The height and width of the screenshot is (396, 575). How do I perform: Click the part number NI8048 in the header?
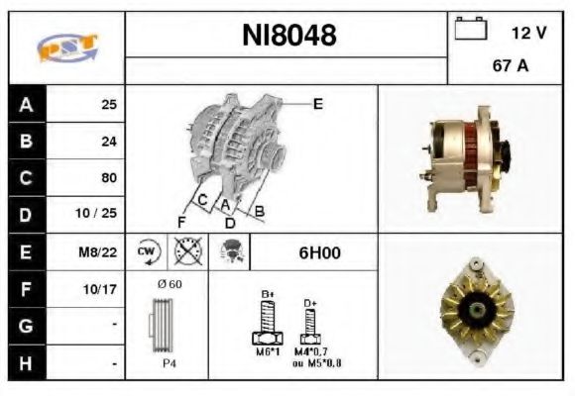pos(289,36)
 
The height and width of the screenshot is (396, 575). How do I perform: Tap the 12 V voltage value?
pos(528,32)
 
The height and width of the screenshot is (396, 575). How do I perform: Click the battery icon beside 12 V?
pos(468,31)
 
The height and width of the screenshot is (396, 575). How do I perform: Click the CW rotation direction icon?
pos(145,252)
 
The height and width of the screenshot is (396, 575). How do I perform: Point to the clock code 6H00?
pos(319,252)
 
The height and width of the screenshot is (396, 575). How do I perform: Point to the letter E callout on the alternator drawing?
pos(318,103)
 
